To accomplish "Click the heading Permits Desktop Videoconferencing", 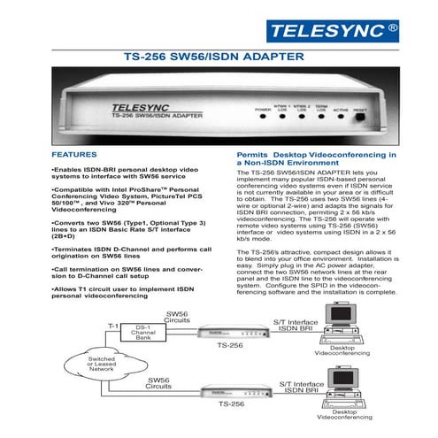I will (313, 158).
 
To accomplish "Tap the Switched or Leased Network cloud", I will (81, 364).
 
